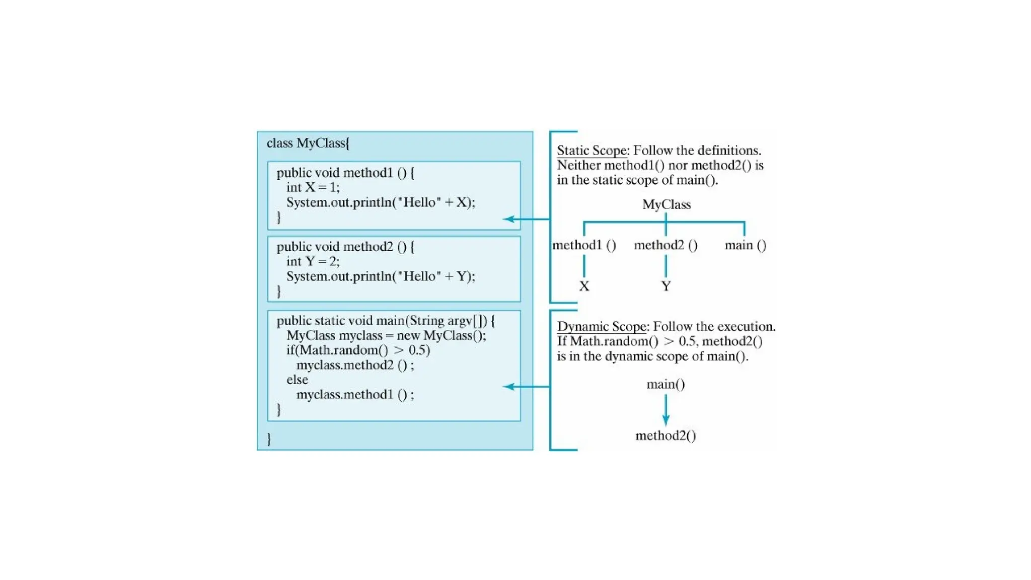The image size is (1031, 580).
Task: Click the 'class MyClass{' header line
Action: pos(308,143)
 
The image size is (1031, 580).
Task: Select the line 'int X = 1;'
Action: pos(313,187)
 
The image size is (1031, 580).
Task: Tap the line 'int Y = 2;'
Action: pos(313,261)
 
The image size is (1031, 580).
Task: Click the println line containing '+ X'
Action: pos(380,202)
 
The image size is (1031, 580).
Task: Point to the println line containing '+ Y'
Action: pos(380,276)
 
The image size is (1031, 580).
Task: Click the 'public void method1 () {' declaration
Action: pos(345,173)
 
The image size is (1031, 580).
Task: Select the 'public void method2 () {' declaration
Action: pos(345,247)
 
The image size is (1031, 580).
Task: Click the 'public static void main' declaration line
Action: pos(386,321)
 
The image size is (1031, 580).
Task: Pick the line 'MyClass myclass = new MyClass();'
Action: pos(386,335)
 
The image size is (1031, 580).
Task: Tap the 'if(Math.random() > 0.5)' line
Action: pos(358,350)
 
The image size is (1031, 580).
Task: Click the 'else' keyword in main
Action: pos(297,380)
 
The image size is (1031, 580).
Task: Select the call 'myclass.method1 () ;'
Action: pos(355,394)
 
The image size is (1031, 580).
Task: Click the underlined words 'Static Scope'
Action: pos(592,151)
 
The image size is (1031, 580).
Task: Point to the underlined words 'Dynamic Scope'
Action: pos(601,327)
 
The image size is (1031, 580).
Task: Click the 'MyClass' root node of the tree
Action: pos(667,204)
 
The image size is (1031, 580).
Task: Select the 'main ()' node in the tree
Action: pos(745,245)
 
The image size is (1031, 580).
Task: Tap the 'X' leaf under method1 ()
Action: pos(584,286)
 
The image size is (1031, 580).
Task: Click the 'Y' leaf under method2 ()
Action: pos(666,286)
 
